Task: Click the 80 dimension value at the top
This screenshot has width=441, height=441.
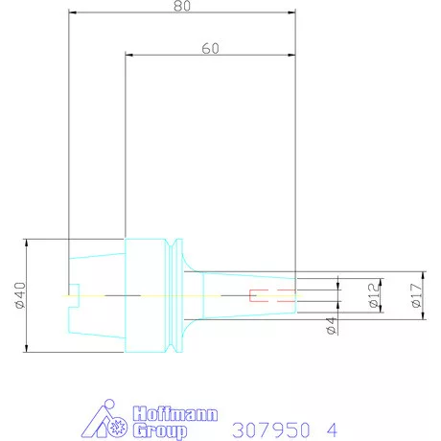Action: click(180, 6)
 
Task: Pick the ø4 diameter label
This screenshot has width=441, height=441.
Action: click(331, 325)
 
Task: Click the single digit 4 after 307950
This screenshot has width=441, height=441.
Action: click(332, 429)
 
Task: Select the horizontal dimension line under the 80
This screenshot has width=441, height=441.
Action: click(180, 13)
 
